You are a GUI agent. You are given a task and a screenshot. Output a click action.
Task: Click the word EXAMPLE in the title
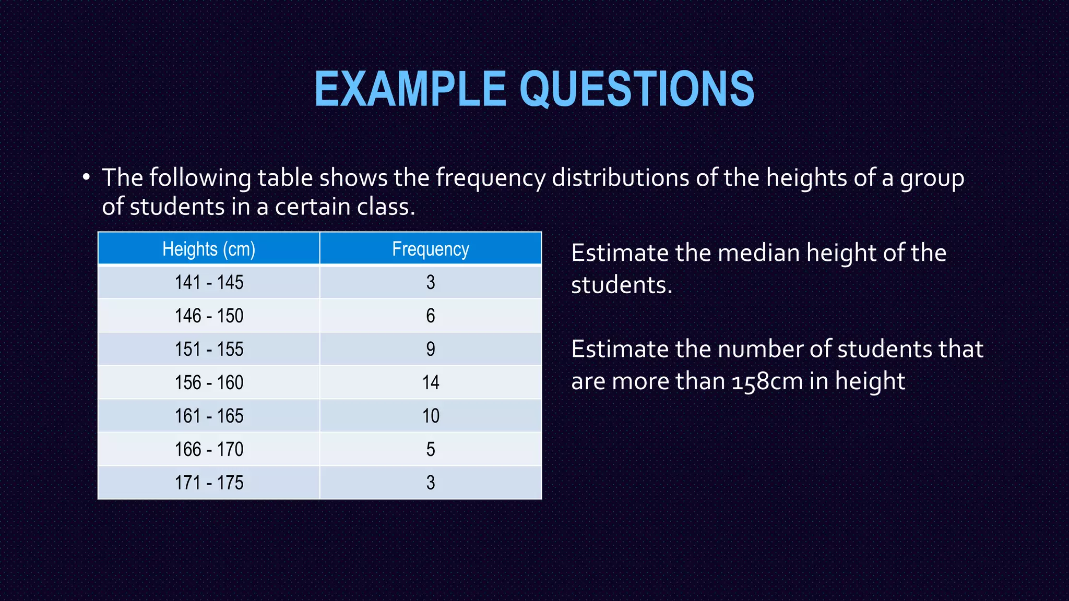(410, 89)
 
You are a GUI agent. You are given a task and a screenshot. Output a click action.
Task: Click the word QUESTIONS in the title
(637, 89)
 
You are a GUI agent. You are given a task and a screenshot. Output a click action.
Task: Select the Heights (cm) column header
(209, 249)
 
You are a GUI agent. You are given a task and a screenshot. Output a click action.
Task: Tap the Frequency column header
(431, 249)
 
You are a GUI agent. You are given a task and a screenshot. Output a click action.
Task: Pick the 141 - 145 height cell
(209, 282)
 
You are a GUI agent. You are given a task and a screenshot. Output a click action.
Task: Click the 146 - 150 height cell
(209, 316)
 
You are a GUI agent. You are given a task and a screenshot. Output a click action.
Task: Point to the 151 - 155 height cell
(209, 349)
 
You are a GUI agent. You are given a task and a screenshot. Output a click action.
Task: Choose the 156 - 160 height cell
(209, 382)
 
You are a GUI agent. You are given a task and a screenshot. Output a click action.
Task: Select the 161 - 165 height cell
(209, 416)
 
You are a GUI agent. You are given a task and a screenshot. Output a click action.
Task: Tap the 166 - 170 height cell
(209, 449)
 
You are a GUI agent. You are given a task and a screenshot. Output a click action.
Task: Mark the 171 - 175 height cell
(209, 483)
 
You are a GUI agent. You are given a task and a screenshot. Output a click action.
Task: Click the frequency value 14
(431, 382)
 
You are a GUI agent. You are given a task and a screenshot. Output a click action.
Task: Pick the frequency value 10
(431, 416)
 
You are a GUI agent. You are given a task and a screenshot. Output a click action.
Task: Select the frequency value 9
(431, 349)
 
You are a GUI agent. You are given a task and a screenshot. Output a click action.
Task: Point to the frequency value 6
(431, 316)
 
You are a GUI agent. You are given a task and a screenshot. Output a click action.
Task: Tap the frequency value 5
(431, 449)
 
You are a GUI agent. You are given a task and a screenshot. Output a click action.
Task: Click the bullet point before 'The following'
(86, 177)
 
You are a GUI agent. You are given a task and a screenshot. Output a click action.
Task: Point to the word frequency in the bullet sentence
(491, 178)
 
